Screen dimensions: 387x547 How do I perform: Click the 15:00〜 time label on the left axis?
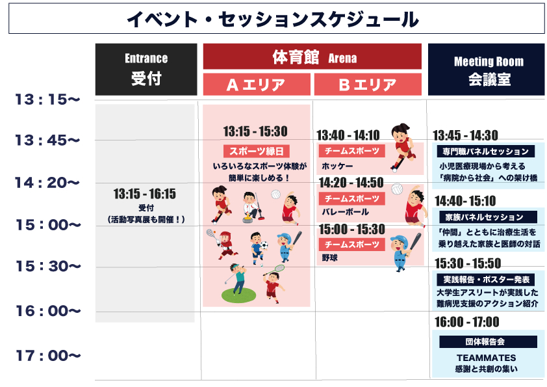47,225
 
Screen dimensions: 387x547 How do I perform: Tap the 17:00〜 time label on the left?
47,356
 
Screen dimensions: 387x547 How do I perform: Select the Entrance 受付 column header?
146,70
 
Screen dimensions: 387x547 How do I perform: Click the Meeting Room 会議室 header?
485,70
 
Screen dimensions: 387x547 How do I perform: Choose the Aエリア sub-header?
256,85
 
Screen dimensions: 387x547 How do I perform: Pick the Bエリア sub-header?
368,85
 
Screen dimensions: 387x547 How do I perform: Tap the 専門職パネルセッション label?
488,152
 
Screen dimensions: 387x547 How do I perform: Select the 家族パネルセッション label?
488,217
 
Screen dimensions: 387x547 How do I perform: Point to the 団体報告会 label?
488,341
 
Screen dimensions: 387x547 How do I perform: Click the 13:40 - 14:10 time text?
348,135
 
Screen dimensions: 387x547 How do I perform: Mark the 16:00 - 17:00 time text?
466,322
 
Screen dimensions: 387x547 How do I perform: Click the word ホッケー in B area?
333,166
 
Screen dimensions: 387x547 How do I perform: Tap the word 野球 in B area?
329,258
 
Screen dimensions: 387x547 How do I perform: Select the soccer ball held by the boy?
264,247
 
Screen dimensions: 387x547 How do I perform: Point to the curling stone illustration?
249,219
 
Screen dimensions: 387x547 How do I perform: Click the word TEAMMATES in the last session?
486,358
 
